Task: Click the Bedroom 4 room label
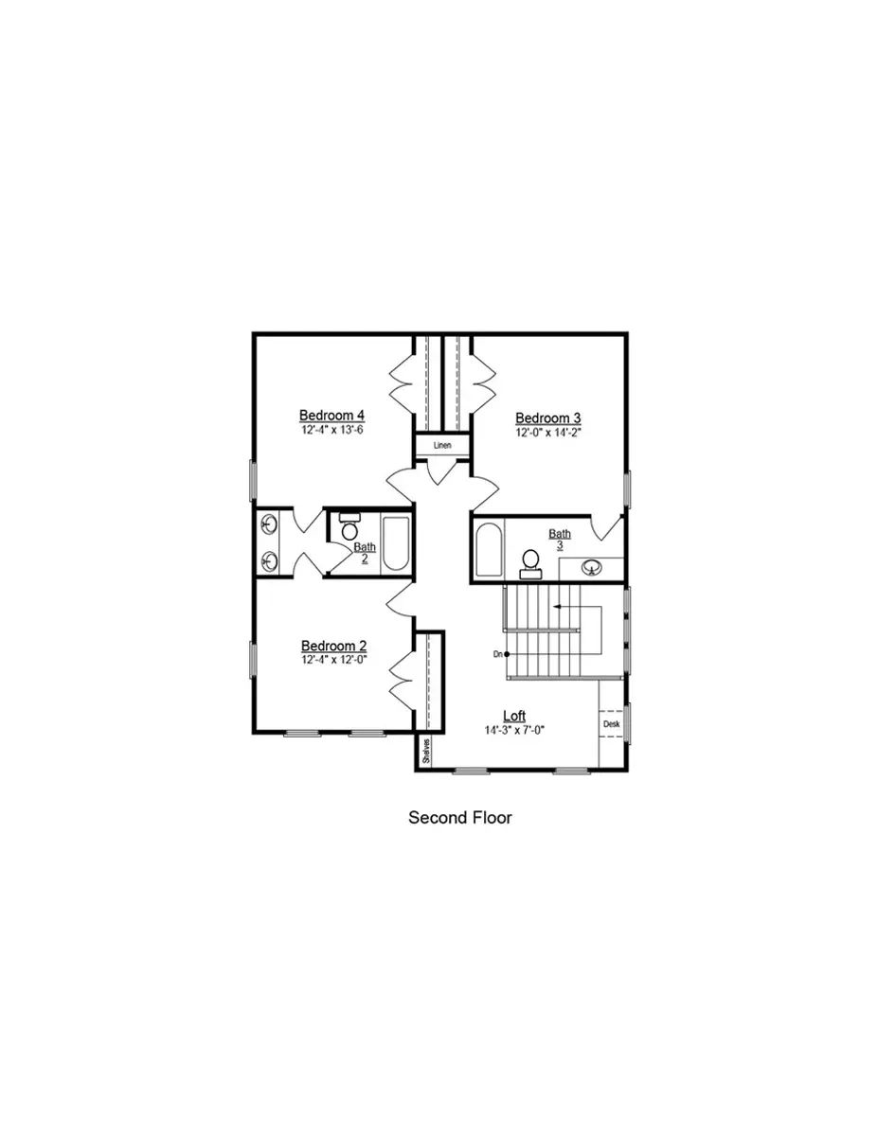click(332, 415)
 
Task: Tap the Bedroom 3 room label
click(548, 417)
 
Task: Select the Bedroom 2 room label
click(333, 646)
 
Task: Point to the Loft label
click(514, 716)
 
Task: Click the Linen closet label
click(442, 446)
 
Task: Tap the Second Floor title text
click(459, 817)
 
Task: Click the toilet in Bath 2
click(349, 528)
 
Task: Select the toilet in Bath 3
click(530, 564)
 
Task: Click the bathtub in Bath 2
click(395, 544)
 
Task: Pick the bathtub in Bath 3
click(490, 551)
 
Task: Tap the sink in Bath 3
click(592, 567)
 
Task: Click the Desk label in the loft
click(611, 724)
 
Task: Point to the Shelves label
click(427, 751)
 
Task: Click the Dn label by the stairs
click(498, 654)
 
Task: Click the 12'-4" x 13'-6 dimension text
click(332, 430)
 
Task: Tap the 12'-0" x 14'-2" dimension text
click(548, 433)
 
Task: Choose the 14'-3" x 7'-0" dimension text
click(514, 730)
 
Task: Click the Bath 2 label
click(365, 552)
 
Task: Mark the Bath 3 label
click(560, 540)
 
